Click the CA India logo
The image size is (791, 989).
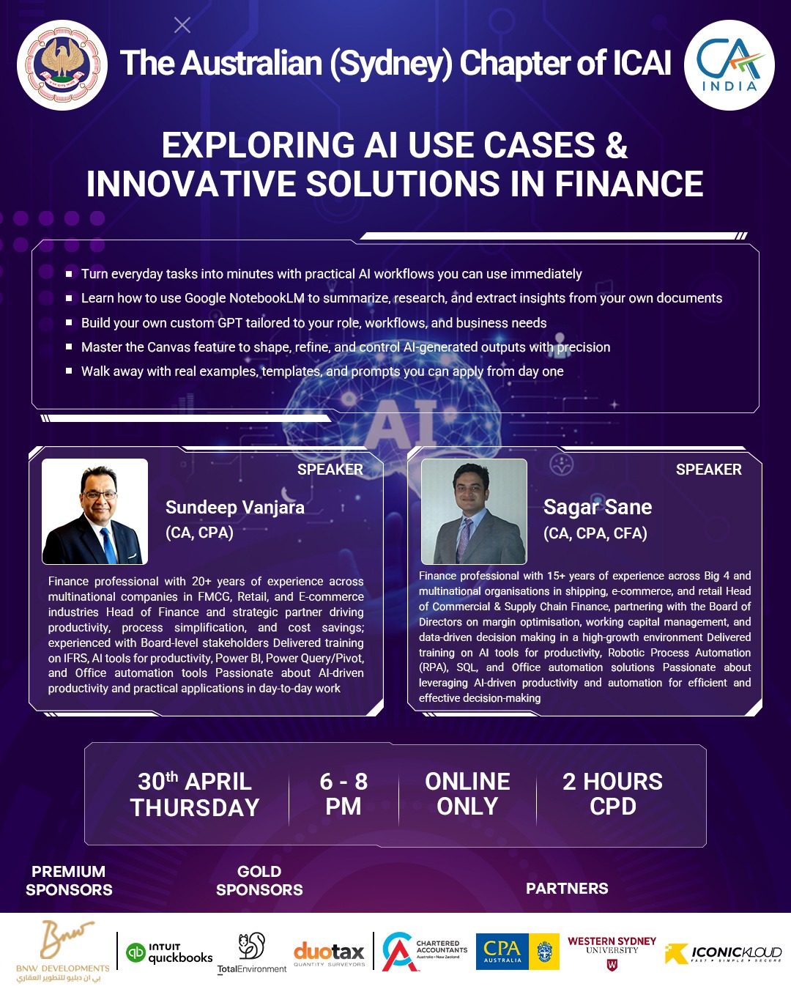(729, 64)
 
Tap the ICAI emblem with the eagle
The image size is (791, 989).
(62, 64)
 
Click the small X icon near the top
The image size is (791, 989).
(182, 26)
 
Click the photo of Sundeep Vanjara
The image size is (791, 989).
(94, 511)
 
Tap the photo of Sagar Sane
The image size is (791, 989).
(474, 511)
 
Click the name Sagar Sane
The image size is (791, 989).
(598, 507)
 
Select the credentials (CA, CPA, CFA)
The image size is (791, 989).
(595, 533)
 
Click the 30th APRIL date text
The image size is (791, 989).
(195, 782)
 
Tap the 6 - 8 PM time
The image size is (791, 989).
(343, 793)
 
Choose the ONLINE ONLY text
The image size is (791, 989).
(467, 793)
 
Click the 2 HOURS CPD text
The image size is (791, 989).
(613, 793)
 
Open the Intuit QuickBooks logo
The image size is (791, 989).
(169, 952)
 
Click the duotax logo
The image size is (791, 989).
(329, 952)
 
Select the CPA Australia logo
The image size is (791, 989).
(518, 952)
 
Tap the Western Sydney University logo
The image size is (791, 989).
(612, 952)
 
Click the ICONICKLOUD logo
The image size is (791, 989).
(723, 954)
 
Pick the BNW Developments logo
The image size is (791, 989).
(63, 950)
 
